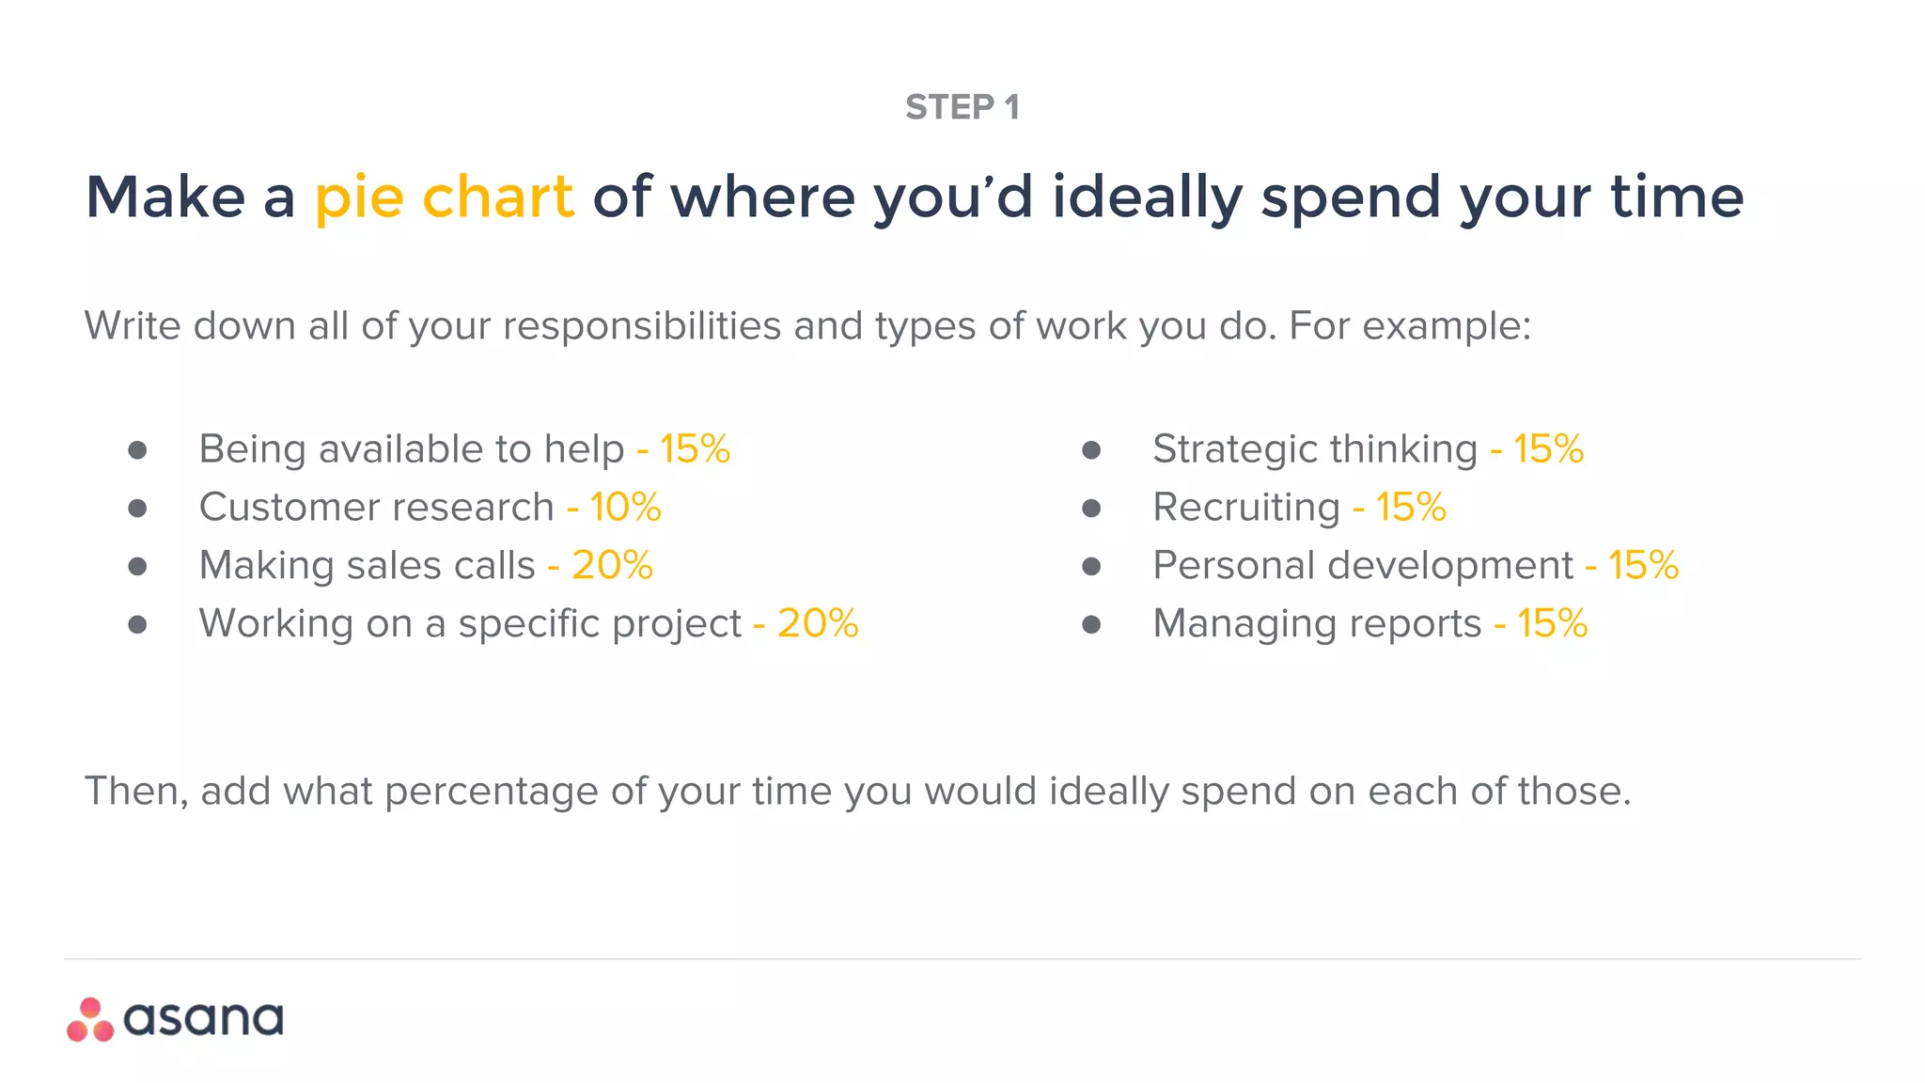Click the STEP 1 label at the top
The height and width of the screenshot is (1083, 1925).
pos(962,107)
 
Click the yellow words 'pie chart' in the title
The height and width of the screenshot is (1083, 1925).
pos(444,197)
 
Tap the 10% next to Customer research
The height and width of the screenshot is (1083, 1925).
pos(625,508)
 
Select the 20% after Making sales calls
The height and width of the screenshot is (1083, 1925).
pos(612,566)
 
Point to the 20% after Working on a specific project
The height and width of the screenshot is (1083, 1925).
pos(818,624)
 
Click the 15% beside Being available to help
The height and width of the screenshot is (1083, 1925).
pos(695,449)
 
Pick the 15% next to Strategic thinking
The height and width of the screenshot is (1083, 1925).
pos(1548,449)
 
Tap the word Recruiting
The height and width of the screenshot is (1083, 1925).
pos(1245,508)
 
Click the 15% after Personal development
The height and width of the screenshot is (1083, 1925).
pos(1643,566)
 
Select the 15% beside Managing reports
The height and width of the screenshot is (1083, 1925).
pos(1552,624)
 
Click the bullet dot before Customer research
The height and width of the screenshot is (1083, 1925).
pos(137,509)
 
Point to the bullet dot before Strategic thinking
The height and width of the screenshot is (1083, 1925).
pos(1091,450)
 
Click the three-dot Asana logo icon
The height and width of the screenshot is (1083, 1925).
pos(90,1020)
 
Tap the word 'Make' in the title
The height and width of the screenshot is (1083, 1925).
pos(165,197)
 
